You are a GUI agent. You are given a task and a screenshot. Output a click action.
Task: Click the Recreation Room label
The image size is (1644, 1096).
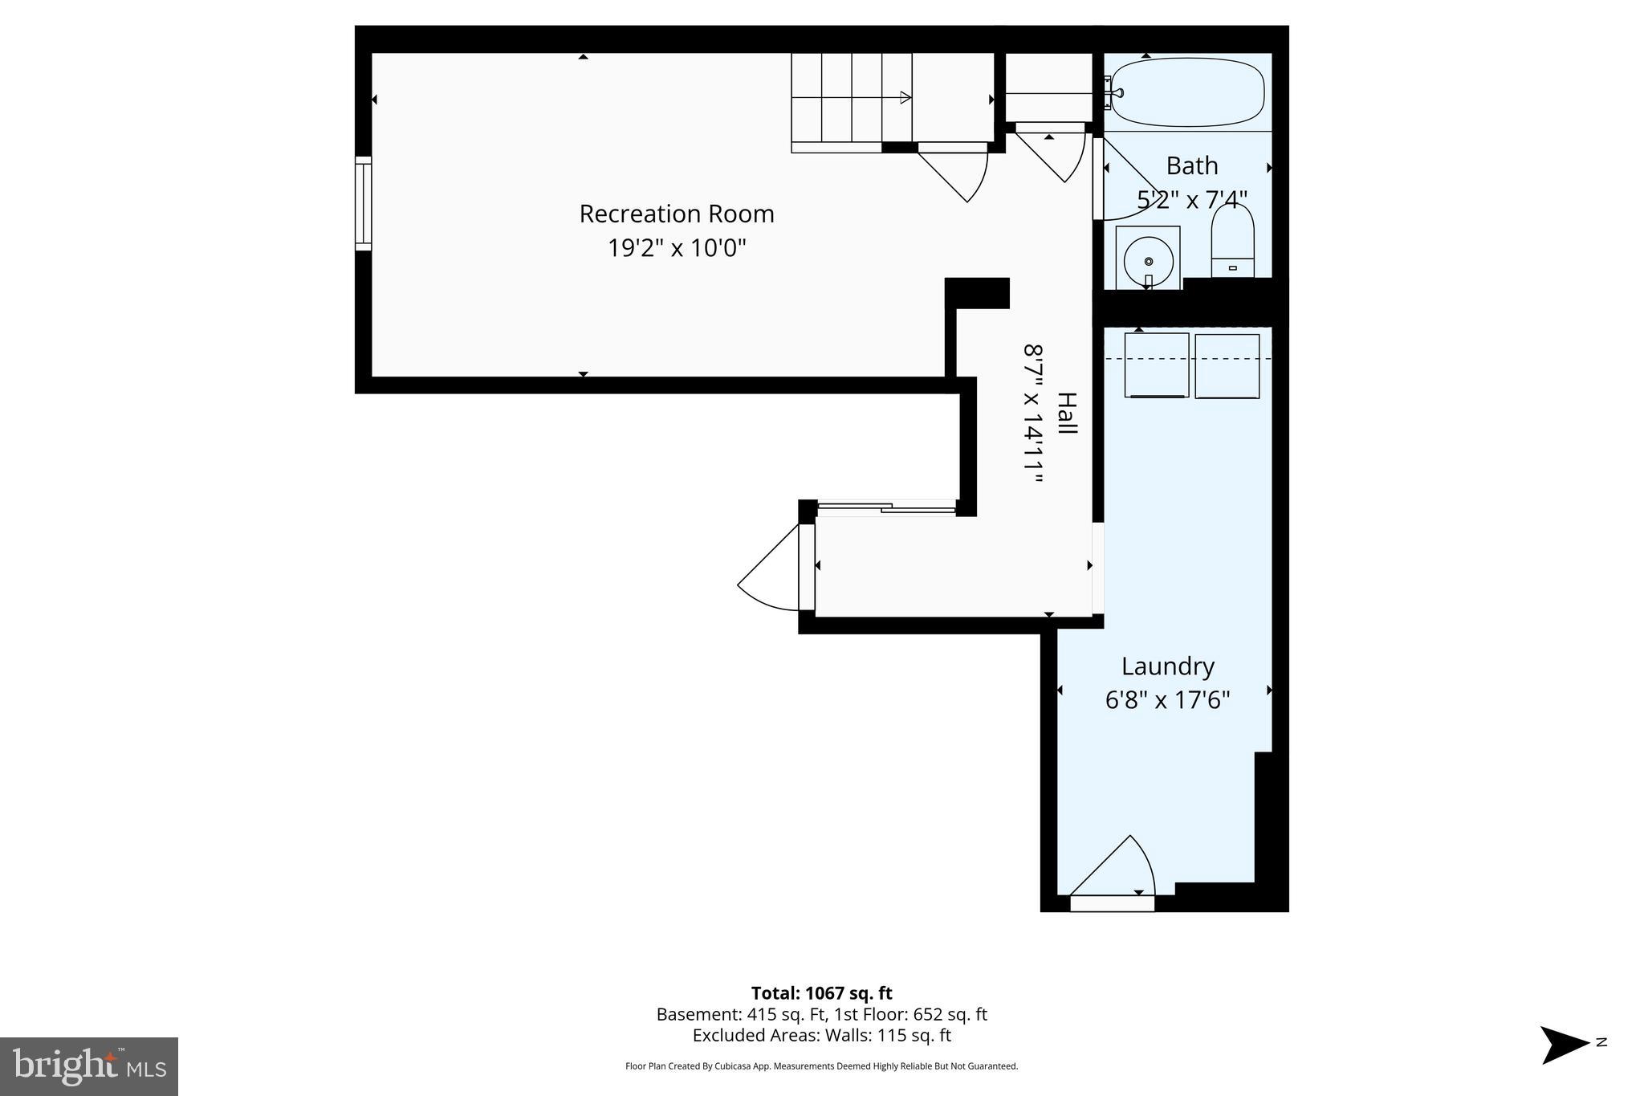coord(676,214)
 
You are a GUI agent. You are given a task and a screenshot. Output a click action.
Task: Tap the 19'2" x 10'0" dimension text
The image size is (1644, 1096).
coord(676,248)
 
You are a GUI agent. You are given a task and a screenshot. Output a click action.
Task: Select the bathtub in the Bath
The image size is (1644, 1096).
coord(1187,92)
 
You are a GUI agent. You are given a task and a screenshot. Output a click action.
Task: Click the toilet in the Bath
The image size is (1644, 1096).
coord(1232,241)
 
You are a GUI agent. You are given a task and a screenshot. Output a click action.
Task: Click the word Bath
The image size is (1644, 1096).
coord(1191,166)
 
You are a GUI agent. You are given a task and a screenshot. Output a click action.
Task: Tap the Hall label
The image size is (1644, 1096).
coord(1067,414)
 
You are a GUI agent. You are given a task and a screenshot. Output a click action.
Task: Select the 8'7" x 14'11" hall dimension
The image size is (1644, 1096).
coord(1034,414)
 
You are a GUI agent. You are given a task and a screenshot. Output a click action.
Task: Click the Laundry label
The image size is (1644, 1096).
coord(1167,666)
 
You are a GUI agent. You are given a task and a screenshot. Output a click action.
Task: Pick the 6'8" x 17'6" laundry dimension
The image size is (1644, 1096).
coord(1167,700)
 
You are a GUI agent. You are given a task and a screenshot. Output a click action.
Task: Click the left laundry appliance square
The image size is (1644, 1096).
coord(1156,365)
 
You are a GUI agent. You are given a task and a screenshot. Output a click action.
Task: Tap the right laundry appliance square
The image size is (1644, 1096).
coord(1227,366)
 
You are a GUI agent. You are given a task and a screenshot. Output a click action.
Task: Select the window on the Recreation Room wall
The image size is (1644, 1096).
coord(364,203)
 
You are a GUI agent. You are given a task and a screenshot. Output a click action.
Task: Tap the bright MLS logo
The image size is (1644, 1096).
coord(89,1066)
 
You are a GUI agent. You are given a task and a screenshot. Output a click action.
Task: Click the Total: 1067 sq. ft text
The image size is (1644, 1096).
coord(821,993)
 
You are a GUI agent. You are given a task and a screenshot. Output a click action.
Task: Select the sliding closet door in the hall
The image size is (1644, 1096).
coord(885,507)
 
